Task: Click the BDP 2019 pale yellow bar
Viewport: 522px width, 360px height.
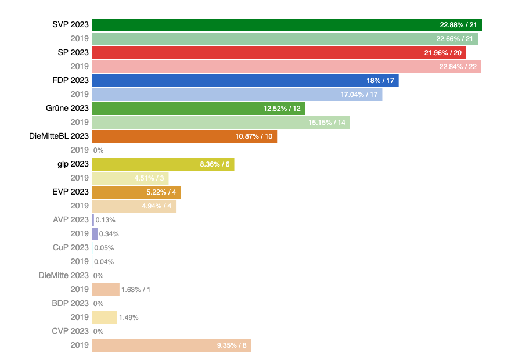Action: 104,318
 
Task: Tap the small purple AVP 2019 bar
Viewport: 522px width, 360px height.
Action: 95,234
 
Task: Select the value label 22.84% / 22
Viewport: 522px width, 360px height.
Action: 458,67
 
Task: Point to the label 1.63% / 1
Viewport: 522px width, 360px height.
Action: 136,290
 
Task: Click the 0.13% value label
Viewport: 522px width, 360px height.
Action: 105,220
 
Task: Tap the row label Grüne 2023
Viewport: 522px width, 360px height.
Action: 67,109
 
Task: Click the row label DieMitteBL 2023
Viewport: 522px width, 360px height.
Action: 59,136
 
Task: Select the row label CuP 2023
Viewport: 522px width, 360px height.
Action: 71,248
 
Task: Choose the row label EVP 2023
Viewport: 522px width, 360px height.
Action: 71,192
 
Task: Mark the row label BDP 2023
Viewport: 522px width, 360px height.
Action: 70,304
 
